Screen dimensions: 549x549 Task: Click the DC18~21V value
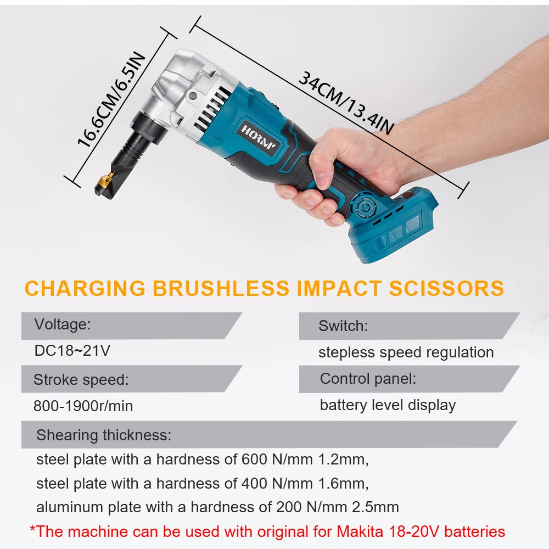pyautogui.click(x=72, y=351)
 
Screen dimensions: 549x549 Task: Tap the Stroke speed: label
pyautogui.click(x=81, y=379)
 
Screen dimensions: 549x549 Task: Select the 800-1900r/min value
pyautogui.click(x=83, y=406)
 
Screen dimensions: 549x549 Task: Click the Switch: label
pyautogui.click(x=343, y=326)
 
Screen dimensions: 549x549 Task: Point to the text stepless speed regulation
pyautogui.click(x=406, y=352)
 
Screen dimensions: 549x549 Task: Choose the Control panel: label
pyautogui.click(x=368, y=379)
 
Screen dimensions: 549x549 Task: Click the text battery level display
pyautogui.click(x=388, y=405)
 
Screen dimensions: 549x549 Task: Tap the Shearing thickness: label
pyautogui.click(x=104, y=435)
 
